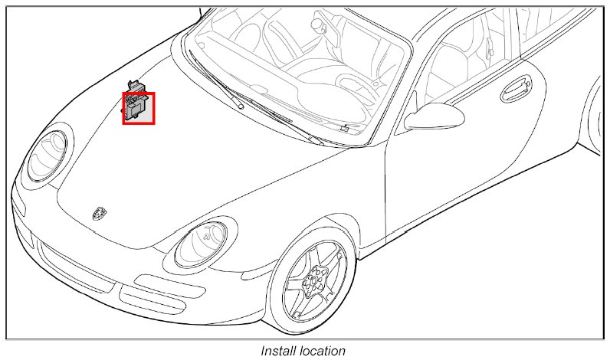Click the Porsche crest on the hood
(98, 212)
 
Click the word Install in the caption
(278, 351)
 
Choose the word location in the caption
(322, 351)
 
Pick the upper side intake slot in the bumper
(150, 286)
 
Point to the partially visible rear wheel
(595, 115)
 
